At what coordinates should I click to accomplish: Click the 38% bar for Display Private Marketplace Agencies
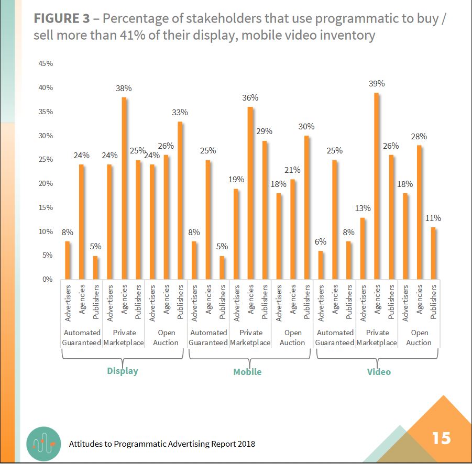pyautogui.click(x=125, y=189)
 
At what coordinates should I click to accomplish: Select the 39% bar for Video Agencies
pyautogui.click(x=377, y=186)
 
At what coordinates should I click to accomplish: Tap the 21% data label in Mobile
pyautogui.click(x=293, y=170)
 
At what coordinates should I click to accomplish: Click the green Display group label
pyautogui.click(x=122, y=371)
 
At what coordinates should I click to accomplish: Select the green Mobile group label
pyautogui.click(x=247, y=372)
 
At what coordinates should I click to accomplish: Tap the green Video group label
pyautogui.click(x=378, y=372)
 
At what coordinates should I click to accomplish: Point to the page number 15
pyautogui.click(x=441, y=437)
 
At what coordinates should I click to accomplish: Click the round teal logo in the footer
pyautogui.click(x=43, y=443)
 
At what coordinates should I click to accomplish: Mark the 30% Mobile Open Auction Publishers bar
pyautogui.click(x=306, y=207)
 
